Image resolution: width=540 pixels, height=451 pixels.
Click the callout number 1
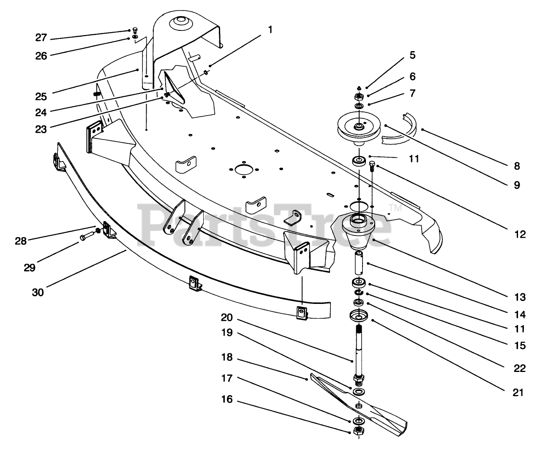(270, 30)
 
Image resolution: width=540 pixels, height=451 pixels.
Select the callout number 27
(41, 38)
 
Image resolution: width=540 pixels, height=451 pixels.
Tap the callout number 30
(38, 292)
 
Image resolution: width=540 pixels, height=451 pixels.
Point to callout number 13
(520, 297)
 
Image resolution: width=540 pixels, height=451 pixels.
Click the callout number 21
(518, 393)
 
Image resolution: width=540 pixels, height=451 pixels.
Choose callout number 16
(227, 399)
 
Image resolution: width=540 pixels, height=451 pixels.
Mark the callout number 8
(517, 166)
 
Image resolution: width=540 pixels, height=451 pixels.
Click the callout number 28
(21, 241)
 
